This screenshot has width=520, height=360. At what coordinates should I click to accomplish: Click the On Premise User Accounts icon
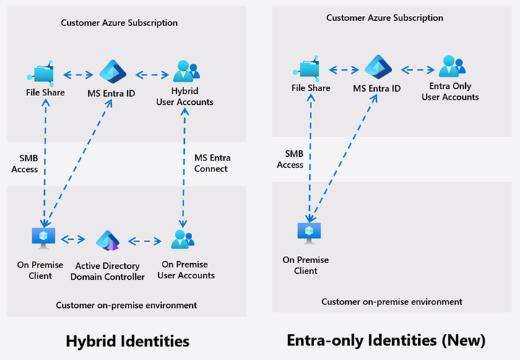(x=184, y=240)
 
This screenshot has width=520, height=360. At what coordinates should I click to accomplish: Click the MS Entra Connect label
(x=211, y=163)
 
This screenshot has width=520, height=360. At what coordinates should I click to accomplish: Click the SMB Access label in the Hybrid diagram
(x=25, y=163)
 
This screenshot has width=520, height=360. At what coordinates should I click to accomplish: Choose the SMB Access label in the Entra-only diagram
(x=290, y=159)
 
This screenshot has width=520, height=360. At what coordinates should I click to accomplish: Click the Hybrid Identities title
(x=127, y=340)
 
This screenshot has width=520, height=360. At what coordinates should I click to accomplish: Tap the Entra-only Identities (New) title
(x=386, y=340)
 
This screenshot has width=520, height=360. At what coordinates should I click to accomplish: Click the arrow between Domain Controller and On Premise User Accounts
(x=144, y=240)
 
